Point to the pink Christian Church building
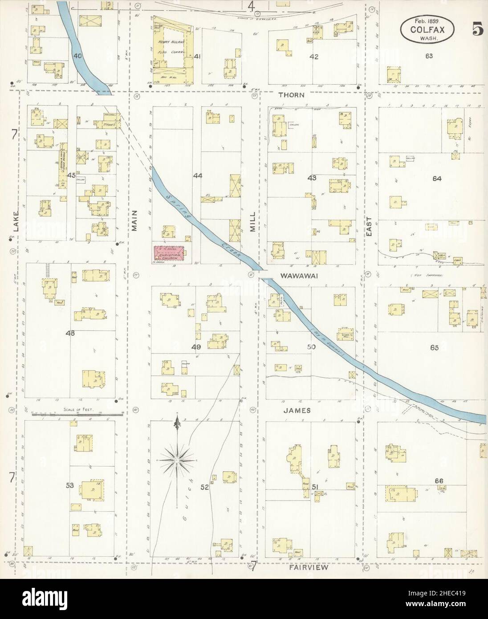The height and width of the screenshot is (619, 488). click(169, 252)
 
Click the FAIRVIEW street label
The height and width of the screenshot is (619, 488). click(309, 567)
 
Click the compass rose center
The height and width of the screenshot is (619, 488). click(177, 459)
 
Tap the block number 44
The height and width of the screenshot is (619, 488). click(198, 176)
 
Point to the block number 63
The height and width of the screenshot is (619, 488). click(429, 56)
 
